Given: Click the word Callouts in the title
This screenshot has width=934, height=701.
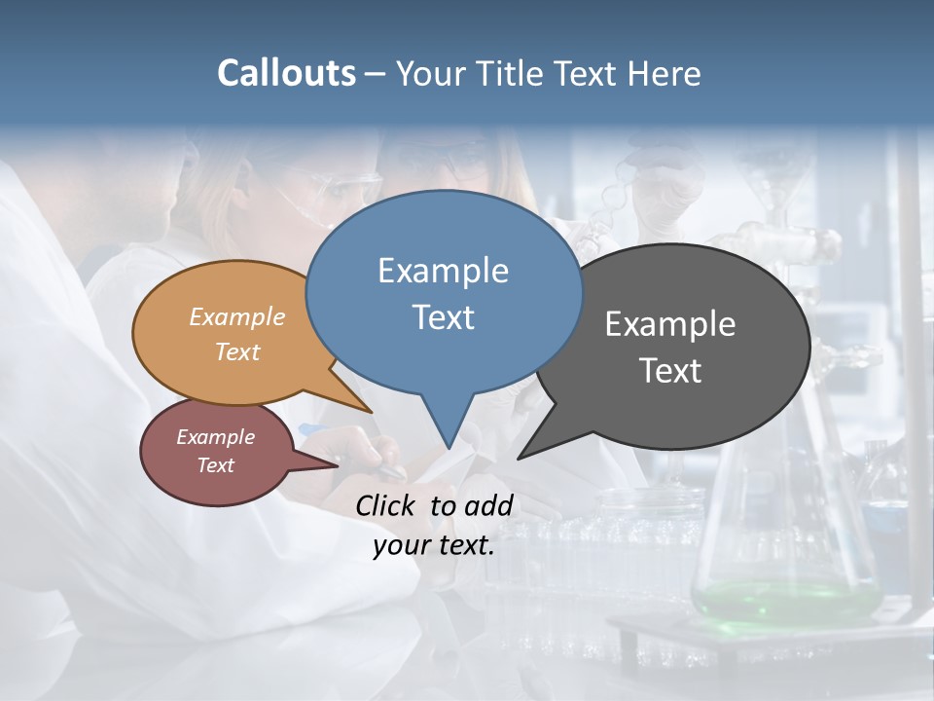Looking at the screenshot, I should tap(286, 73).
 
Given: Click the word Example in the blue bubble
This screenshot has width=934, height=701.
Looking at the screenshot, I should tap(443, 271).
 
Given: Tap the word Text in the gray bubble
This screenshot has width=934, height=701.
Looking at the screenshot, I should tap(670, 371).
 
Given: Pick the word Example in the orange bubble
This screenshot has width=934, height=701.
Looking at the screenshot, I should tap(236, 317).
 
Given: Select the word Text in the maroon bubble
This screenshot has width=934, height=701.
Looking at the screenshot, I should tap(215, 465).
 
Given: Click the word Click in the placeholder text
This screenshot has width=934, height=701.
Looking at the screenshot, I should tap(387, 505).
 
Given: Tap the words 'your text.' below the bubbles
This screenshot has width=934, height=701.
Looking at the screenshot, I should tap(434, 545).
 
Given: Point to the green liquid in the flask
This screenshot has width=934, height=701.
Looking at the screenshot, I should tap(778, 596).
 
